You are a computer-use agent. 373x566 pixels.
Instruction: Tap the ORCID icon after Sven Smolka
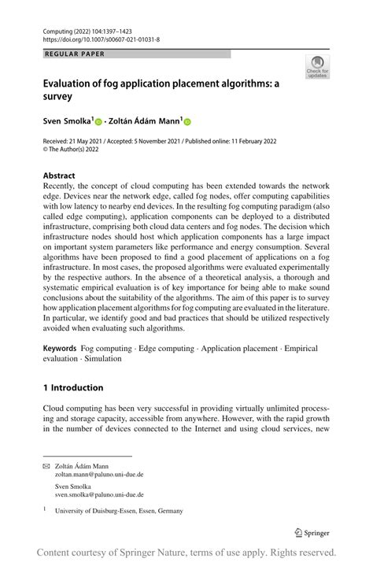pos(99,123)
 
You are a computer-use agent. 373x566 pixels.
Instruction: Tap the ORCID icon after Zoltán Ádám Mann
pos(188,123)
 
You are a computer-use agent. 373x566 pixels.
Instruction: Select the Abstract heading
pos(59,176)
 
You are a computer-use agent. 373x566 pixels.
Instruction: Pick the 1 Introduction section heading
pos(73,387)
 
